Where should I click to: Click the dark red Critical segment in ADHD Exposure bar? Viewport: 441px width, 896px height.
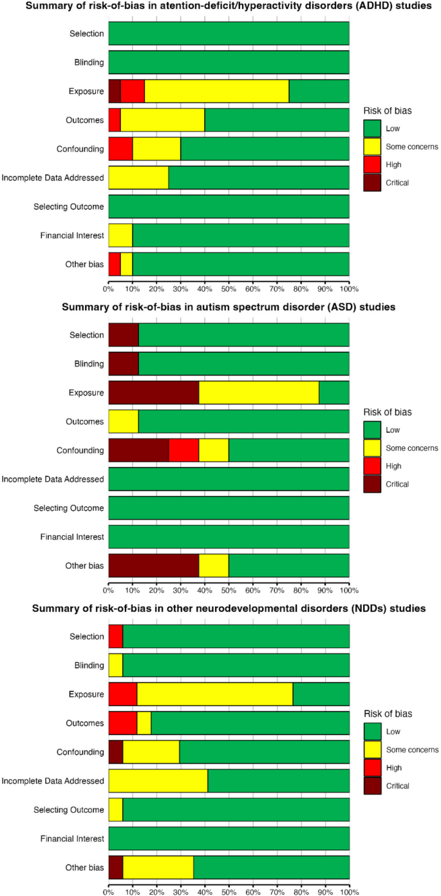[114, 91]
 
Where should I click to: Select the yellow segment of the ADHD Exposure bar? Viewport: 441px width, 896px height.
[216, 91]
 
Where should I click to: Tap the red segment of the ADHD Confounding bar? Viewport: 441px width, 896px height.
[120, 149]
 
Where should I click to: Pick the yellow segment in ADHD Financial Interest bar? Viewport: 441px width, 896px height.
[120, 235]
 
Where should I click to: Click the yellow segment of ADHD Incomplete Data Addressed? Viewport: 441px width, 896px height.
[138, 177]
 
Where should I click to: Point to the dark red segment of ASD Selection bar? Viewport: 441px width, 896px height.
[123, 335]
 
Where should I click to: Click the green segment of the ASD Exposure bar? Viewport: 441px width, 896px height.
[333, 392]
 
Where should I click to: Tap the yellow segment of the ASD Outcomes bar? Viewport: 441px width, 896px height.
[123, 421]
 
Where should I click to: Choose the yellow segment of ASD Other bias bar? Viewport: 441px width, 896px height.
[214, 566]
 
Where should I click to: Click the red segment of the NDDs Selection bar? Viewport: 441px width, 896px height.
[115, 636]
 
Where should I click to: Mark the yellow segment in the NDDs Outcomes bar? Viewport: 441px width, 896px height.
[144, 723]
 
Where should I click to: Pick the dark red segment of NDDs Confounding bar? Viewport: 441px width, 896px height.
[115, 752]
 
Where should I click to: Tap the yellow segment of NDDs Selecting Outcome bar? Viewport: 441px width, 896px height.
[115, 810]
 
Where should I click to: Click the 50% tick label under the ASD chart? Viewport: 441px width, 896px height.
[229, 589]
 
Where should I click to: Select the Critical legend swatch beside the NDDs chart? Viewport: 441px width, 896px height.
[372, 785]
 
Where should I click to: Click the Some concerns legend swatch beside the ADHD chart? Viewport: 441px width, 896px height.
[372, 146]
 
